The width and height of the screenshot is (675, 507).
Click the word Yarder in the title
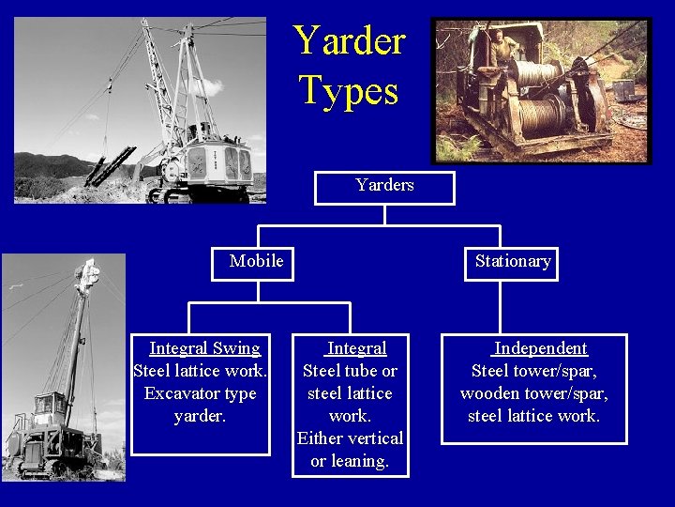(349, 40)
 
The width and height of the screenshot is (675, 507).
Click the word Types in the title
(349, 90)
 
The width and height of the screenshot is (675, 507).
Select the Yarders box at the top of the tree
(384, 186)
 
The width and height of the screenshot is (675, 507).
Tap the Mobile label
(256, 261)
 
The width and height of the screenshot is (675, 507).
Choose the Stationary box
(513, 261)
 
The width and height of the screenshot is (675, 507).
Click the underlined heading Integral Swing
(204, 348)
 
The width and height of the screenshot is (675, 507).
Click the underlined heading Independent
(540, 348)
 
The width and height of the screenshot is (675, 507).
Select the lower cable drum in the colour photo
(542, 118)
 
